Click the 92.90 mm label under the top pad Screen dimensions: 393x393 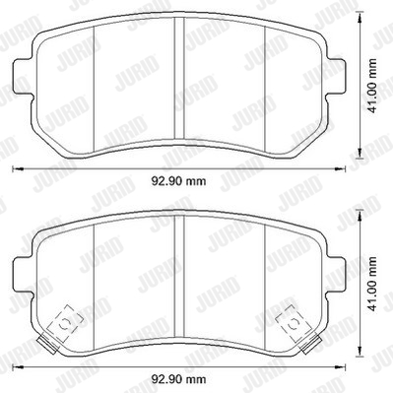178,181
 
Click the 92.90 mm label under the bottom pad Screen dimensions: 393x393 178,379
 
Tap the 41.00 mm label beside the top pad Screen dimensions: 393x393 372,86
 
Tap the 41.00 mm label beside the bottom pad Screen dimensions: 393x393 372,284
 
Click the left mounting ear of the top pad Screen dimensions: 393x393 23,77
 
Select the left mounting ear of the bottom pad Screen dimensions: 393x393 23,275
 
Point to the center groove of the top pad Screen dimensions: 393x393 179,78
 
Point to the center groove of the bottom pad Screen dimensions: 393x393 179,276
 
